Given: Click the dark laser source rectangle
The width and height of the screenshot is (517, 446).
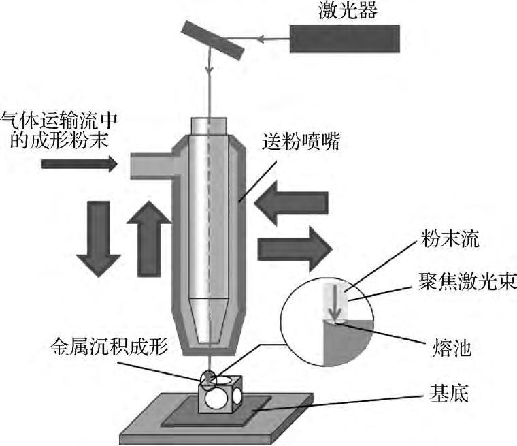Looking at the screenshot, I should click(344, 38).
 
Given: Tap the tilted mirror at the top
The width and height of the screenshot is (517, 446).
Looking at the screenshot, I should click(212, 39).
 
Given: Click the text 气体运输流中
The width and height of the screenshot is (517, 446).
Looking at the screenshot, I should click(59, 121).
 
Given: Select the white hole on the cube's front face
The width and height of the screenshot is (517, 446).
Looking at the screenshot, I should click(217, 398).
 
